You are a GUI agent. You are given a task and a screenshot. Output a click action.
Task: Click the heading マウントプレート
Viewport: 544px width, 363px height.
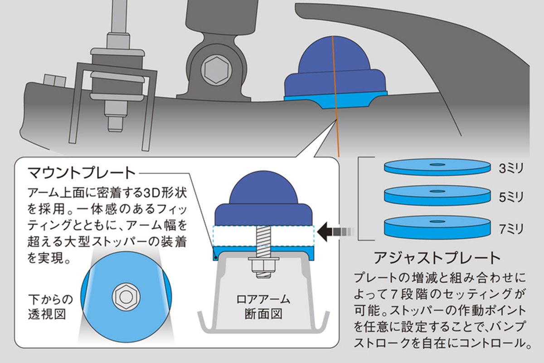point(82,173)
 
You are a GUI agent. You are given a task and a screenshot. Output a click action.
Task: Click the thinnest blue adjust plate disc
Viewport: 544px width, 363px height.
point(437,167)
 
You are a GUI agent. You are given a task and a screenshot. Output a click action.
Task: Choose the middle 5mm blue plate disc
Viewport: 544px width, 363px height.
point(437,195)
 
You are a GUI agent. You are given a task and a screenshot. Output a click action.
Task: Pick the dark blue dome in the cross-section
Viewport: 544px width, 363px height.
point(264,200)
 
